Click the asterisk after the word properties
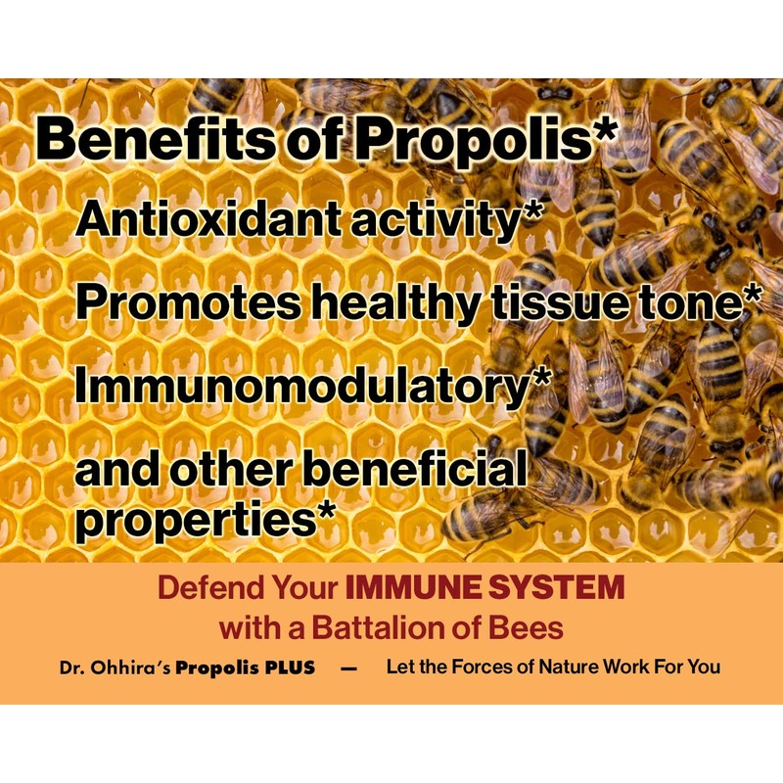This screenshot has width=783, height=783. point(333,511)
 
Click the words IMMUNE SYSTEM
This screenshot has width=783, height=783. point(485,588)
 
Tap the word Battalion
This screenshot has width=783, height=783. point(381,625)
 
